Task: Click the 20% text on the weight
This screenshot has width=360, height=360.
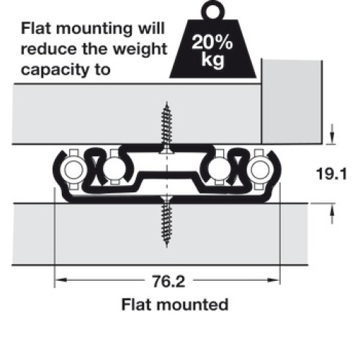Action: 212,42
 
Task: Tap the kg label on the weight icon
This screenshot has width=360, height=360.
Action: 213,59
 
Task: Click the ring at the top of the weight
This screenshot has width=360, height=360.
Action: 212,10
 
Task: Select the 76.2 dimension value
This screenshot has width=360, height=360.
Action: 168,281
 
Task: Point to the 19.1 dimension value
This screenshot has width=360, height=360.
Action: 332,174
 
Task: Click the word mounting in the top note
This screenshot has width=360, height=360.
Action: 94,30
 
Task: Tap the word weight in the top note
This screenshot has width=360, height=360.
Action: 140,50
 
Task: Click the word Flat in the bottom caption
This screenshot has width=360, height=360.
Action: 137,305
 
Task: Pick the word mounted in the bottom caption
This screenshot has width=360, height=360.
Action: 192,305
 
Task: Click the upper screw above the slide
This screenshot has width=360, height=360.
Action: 167,127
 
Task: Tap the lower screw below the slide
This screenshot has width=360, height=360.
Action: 167,221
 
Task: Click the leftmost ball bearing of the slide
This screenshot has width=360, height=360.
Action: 73,169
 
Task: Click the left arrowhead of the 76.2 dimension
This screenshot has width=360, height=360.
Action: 60,280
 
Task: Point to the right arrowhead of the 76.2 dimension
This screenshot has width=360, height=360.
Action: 274,280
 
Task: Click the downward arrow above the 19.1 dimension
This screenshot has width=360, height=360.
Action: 332,134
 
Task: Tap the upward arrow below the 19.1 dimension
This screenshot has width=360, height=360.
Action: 332,214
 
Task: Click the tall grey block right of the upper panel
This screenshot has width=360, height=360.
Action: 292,102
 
